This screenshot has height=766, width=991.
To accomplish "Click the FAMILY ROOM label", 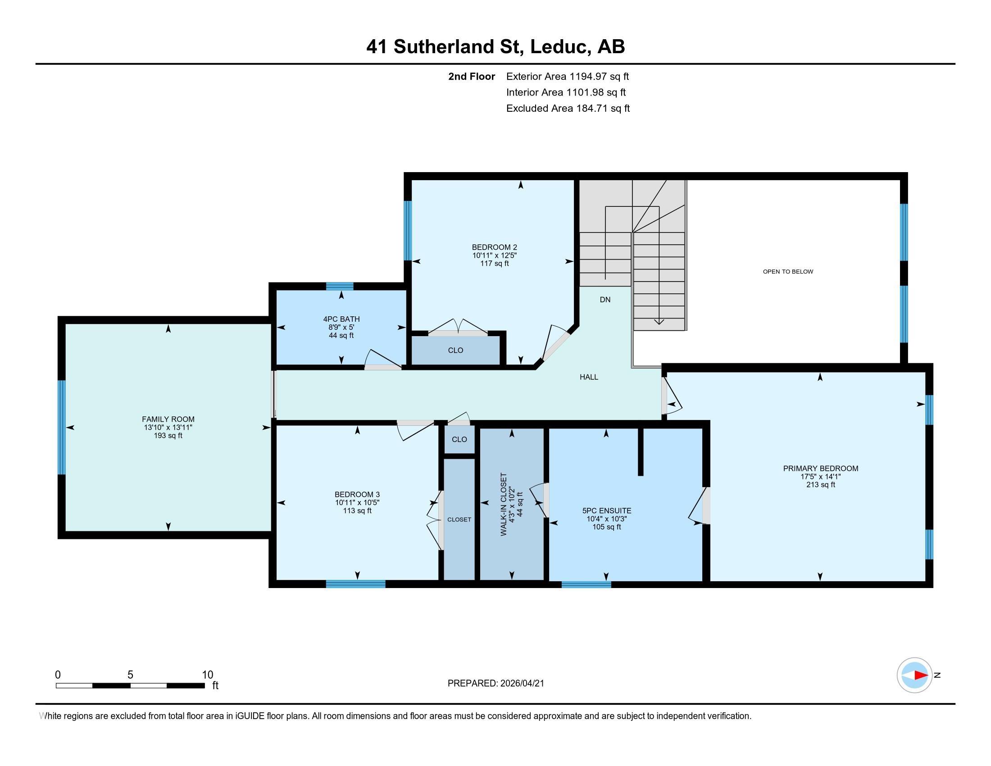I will click(168, 419).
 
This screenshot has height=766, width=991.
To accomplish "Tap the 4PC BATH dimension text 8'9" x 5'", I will click(341, 327).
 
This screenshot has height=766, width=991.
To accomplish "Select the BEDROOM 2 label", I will click(494, 247).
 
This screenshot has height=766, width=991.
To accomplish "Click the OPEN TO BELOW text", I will click(788, 272).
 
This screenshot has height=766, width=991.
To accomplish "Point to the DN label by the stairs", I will click(605, 300).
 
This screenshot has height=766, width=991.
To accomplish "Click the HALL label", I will click(589, 377).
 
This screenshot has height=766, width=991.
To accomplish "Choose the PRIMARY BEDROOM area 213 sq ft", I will click(820, 485).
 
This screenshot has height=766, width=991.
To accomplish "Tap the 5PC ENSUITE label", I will click(607, 511).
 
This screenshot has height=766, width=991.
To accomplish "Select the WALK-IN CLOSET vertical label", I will click(504, 505).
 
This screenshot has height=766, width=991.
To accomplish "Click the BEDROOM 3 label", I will click(357, 495).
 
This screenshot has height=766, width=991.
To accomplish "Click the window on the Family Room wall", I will click(62, 427).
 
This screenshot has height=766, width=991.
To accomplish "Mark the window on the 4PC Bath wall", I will click(339, 286).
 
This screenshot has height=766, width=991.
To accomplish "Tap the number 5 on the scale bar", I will click(130, 675).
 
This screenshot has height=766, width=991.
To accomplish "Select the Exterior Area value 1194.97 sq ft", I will click(599, 77).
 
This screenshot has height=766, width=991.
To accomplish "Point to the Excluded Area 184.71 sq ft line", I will click(568, 109).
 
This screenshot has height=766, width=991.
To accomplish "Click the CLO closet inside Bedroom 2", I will click(455, 350).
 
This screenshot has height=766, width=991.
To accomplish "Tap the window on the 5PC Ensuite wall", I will click(586, 584).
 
